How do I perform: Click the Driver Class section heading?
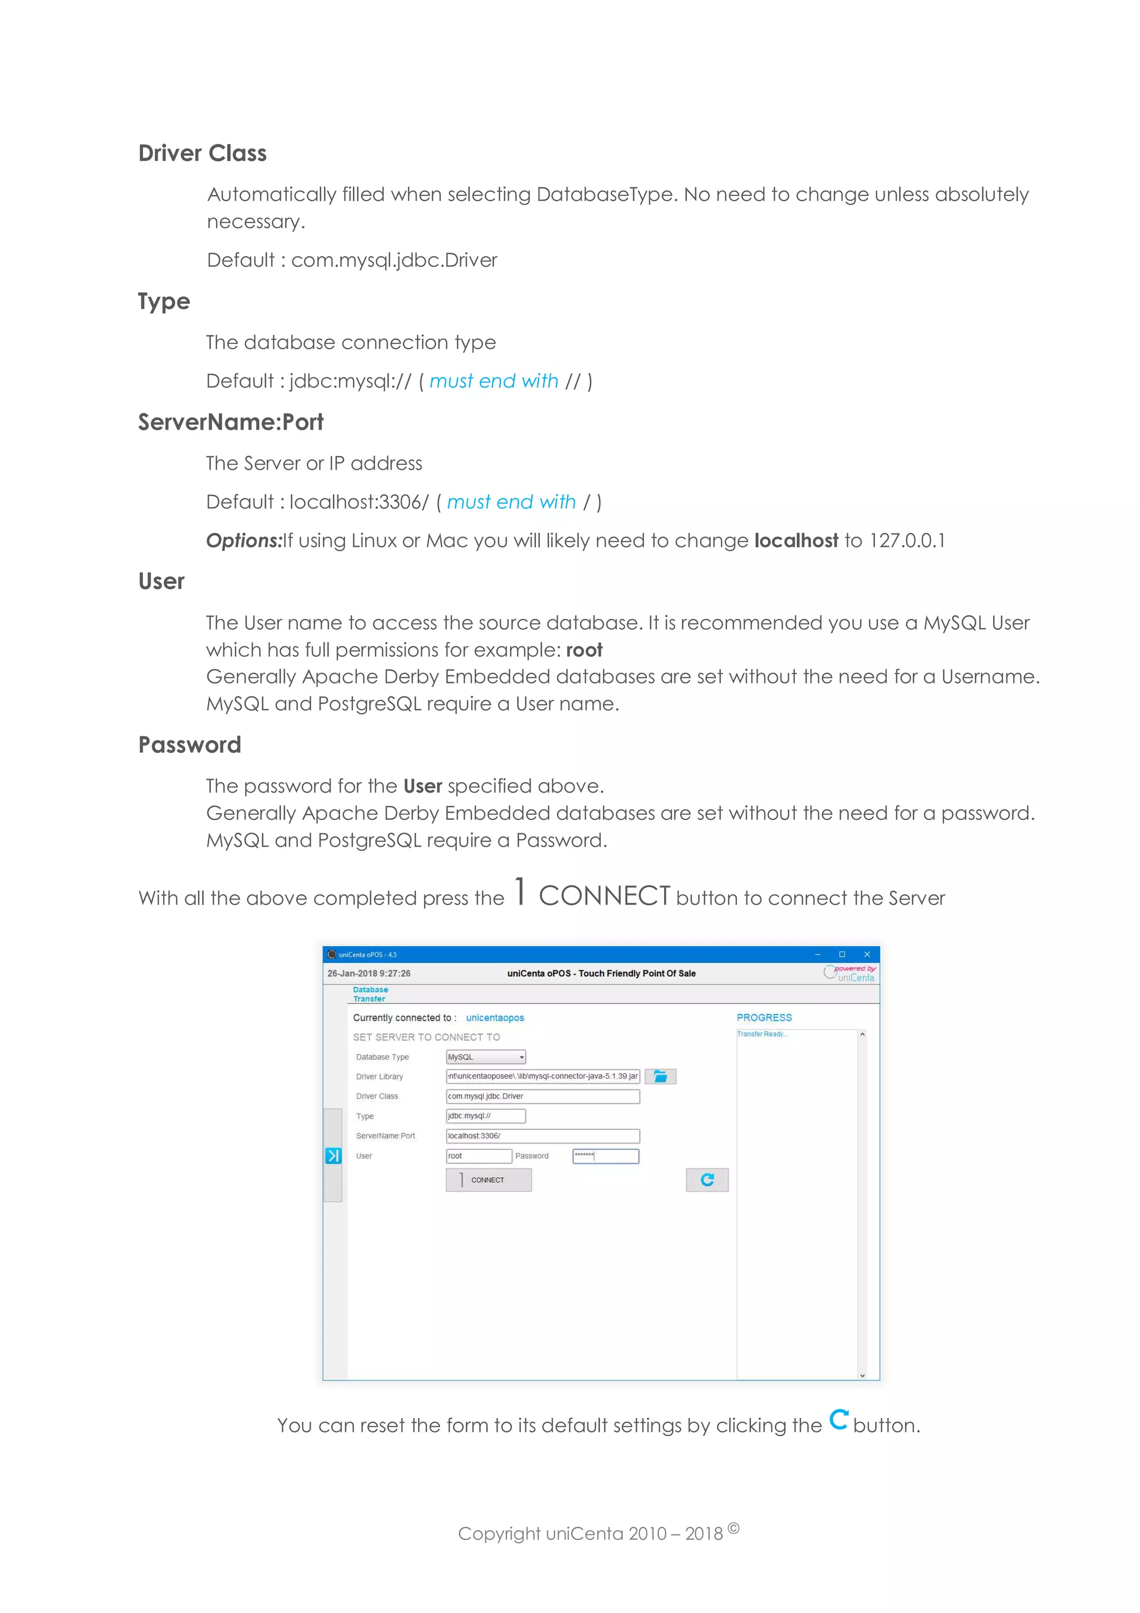pos(202,153)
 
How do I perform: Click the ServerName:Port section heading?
pos(230,422)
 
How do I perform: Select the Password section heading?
pos(190,745)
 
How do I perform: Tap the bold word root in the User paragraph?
pos(584,651)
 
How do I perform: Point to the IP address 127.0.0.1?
pos(907,541)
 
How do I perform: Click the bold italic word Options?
pos(244,541)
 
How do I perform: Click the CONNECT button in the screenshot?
pos(488,1180)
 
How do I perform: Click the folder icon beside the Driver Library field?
pos(660,1076)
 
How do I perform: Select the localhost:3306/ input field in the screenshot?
pos(542,1136)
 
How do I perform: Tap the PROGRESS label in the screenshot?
pos(764,1018)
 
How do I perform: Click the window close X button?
pos(867,955)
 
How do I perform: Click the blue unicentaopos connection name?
pos(494,1018)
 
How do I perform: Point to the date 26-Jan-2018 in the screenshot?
pos(352,973)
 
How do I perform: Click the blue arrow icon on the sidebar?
pos(333,1155)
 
